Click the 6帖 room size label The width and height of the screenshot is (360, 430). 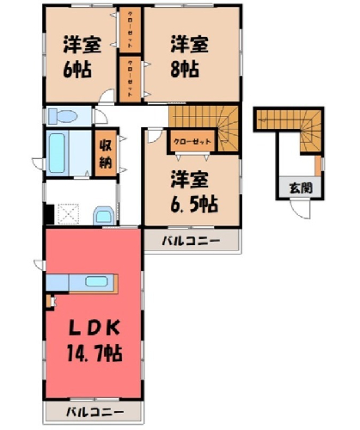pyautogui.click(x=77, y=70)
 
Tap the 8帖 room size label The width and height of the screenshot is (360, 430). pyautogui.click(x=185, y=69)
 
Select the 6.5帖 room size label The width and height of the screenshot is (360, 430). pyautogui.click(x=194, y=204)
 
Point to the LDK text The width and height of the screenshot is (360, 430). pyautogui.click(x=95, y=329)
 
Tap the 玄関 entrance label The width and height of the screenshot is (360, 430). pyautogui.click(x=301, y=188)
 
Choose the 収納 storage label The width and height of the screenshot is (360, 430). pyautogui.click(x=106, y=155)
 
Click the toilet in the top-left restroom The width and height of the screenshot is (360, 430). pyautogui.click(x=63, y=117)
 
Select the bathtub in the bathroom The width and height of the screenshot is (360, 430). pyautogui.click(x=57, y=153)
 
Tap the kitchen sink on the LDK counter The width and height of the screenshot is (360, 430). pyautogui.click(x=96, y=281)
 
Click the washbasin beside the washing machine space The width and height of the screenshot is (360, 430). pyautogui.click(x=104, y=216)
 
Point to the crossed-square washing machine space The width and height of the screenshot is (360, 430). pyautogui.click(x=68, y=213)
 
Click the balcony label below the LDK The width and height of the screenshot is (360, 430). pyautogui.click(x=95, y=413)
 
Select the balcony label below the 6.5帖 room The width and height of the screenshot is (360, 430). pyautogui.click(x=191, y=241)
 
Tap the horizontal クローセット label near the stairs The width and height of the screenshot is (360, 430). pyautogui.click(x=192, y=141)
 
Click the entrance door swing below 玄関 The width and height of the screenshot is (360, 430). pyautogui.click(x=300, y=210)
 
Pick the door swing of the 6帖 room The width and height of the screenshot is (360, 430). pyautogui.click(x=107, y=95)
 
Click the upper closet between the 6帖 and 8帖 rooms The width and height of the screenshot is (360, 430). pyautogui.click(x=130, y=30)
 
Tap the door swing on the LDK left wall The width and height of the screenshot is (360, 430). pyautogui.click(x=40, y=265)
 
